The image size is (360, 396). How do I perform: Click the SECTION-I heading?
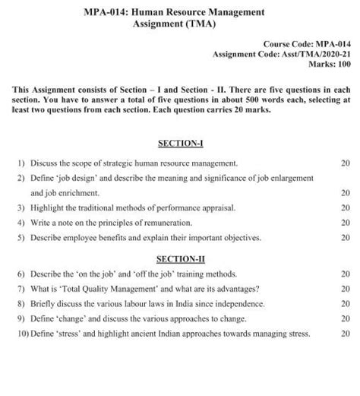click(x=179, y=144)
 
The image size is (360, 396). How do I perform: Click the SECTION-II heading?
click(x=179, y=258)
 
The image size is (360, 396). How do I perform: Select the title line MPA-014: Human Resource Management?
click(x=179, y=12)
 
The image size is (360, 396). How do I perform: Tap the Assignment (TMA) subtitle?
click(x=179, y=24)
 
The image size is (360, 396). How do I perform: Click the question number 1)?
click(x=19, y=163)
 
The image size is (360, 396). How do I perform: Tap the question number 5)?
click(x=19, y=237)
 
